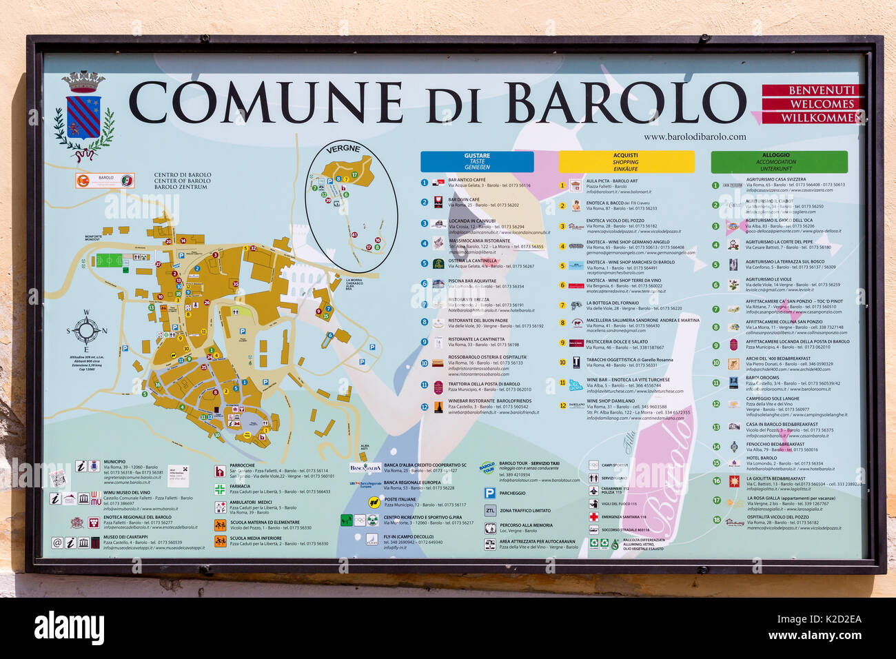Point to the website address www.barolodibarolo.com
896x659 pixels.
694,136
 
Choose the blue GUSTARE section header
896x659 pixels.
477,161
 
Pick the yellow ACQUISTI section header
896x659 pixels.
625,161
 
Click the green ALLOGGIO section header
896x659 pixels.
779,161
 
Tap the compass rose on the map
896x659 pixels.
86,331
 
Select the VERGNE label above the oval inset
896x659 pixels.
343,150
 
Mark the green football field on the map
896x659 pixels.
108,261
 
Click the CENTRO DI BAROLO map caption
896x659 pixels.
182,181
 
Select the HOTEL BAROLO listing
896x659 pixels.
761,458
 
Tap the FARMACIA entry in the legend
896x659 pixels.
240,487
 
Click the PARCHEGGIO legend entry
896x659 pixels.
512,493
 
